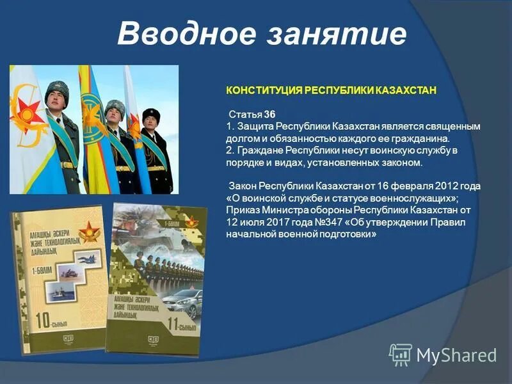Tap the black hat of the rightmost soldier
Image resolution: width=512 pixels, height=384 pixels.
pyautogui.click(x=151, y=113)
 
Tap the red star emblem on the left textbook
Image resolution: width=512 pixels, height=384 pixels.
pyautogui.click(x=89, y=230)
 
